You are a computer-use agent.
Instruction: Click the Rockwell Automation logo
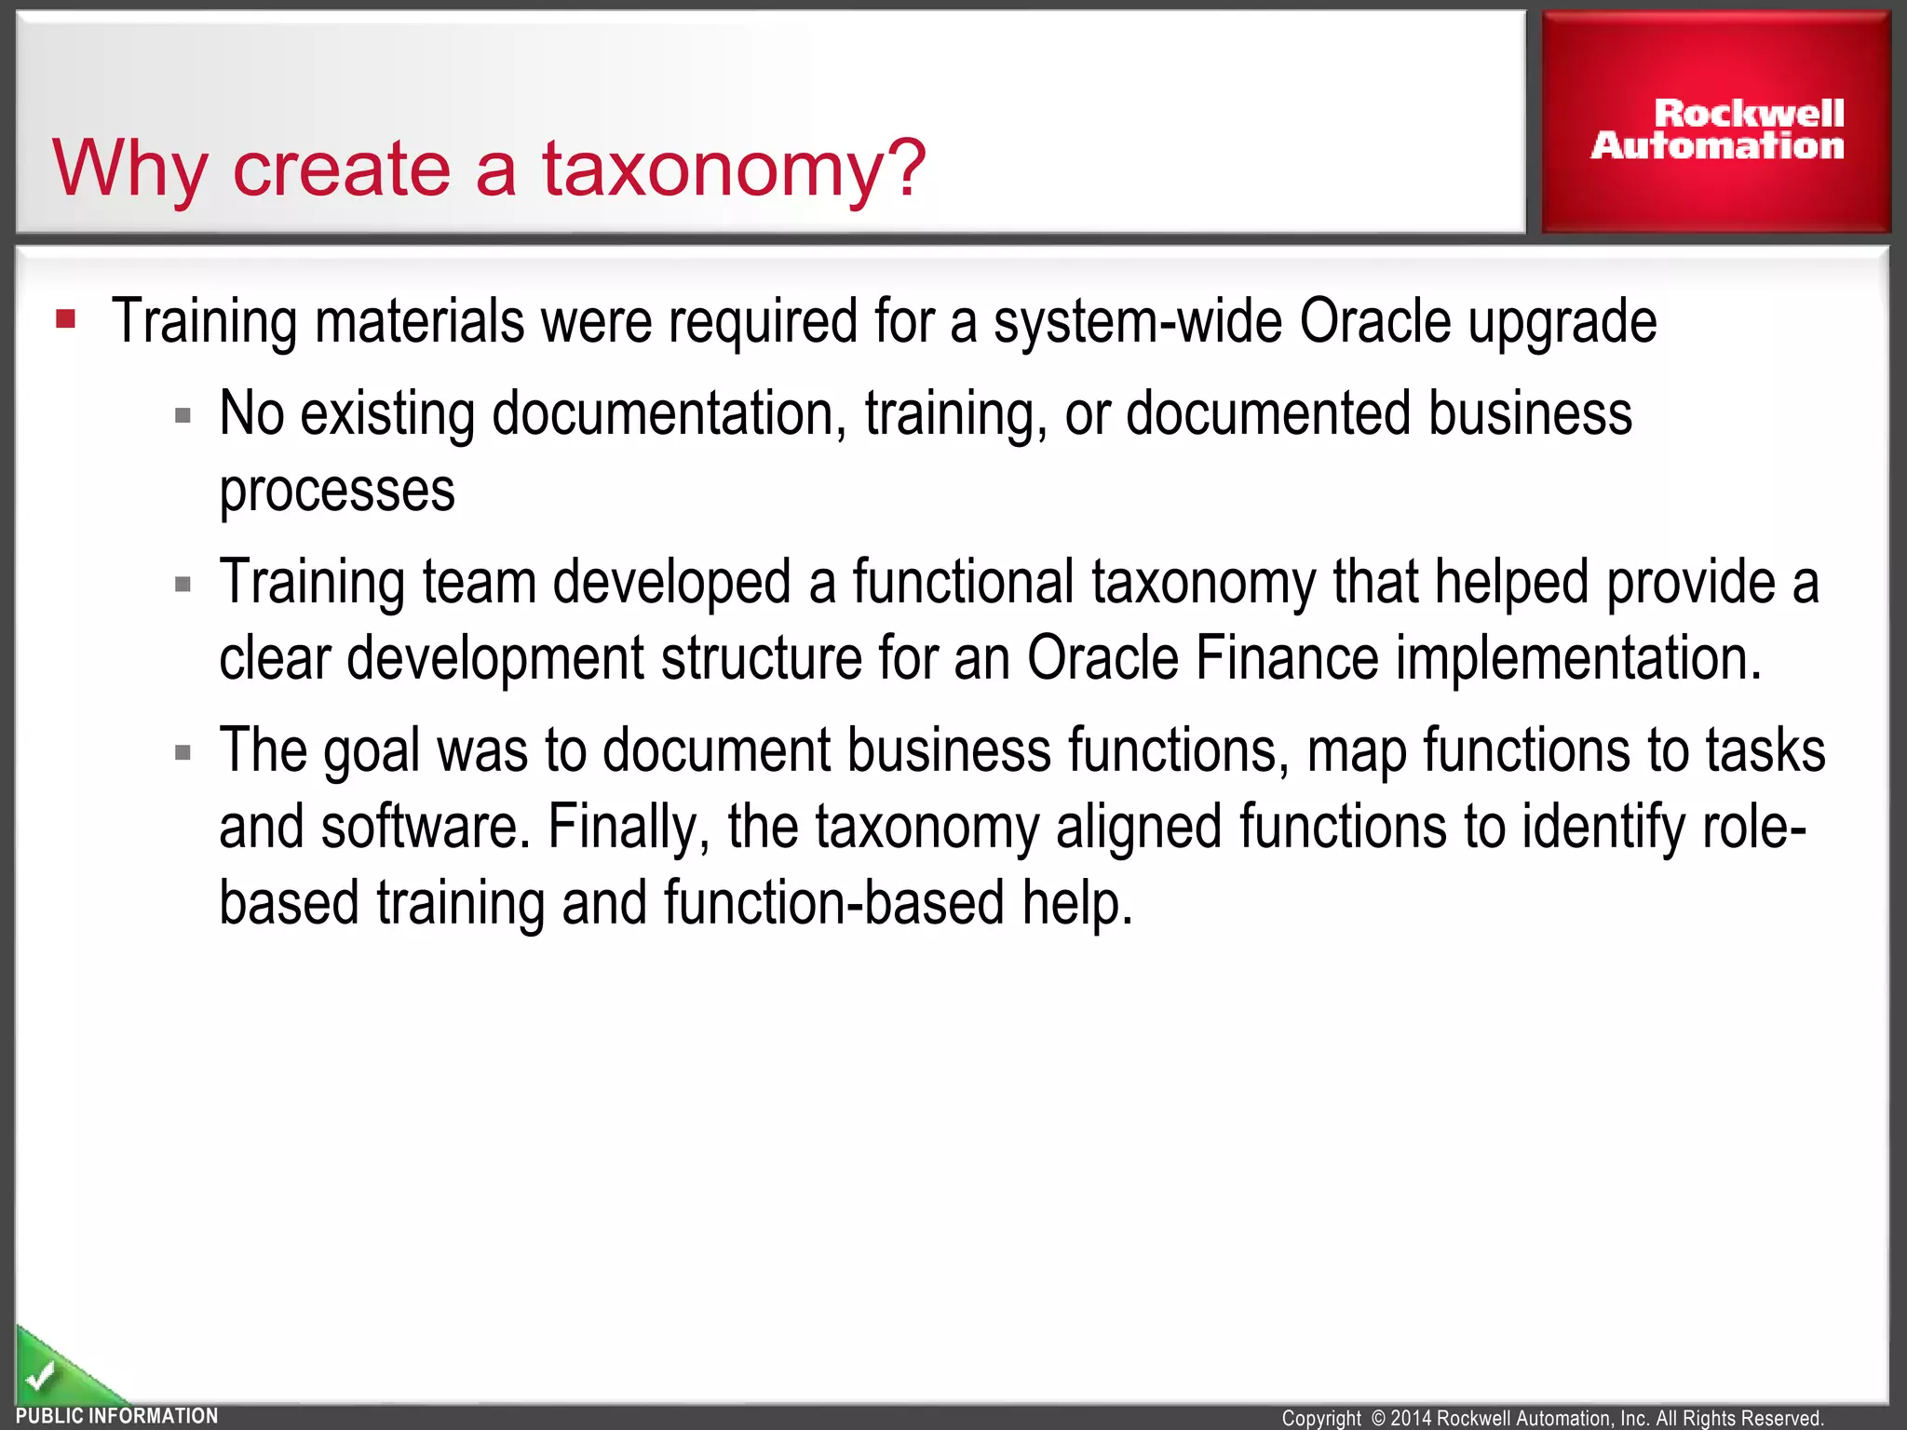1716,129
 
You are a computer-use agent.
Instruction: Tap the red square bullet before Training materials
65,319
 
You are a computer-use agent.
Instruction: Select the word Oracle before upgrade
1374,322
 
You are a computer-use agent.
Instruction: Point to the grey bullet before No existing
183,415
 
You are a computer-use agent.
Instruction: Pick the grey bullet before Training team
183,585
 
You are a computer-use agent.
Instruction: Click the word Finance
1286,658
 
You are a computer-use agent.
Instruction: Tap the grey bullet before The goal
183,752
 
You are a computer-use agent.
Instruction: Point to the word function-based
833,903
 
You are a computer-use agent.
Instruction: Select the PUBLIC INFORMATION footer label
117,1416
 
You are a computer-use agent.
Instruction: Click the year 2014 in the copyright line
1412,1418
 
